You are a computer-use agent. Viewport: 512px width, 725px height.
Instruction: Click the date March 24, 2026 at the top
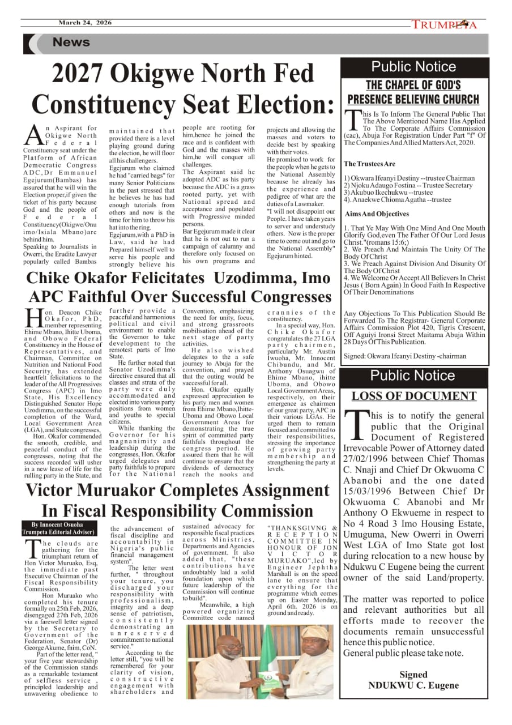click(x=85, y=23)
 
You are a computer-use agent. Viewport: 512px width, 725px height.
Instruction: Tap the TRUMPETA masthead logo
click(x=444, y=24)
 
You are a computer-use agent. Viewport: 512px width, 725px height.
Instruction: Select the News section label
click(x=71, y=42)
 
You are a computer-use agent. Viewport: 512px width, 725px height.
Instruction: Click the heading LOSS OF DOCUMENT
click(x=413, y=396)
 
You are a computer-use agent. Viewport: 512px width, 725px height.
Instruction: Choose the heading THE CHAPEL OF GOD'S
click(x=413, y=86)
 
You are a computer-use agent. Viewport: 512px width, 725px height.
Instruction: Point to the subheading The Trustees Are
click(x=370, y=164)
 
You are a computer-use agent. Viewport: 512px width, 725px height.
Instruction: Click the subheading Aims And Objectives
click(x=377, y=214)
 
